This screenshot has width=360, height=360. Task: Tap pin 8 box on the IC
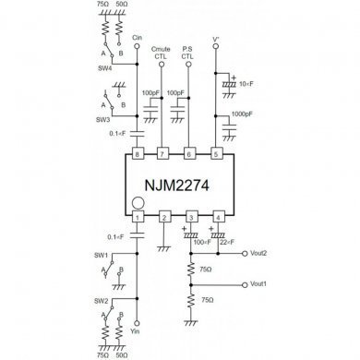point(137,152)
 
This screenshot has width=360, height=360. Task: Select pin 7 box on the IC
point(163,152)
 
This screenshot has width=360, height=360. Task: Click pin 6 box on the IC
point(190,152)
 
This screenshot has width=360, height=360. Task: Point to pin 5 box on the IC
point(217,152)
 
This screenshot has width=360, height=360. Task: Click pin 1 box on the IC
point(137,217)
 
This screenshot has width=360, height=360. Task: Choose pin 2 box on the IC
point(163,217)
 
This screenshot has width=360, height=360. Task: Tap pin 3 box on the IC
point(190,217)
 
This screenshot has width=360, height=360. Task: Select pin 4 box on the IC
point(217,217)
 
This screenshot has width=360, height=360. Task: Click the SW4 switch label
point(104,68)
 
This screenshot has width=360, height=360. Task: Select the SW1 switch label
point(100,255)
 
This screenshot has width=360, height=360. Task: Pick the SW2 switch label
point(100,302)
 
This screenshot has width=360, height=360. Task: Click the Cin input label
point(137,37)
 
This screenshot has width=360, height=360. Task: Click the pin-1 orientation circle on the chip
point(138,202)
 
